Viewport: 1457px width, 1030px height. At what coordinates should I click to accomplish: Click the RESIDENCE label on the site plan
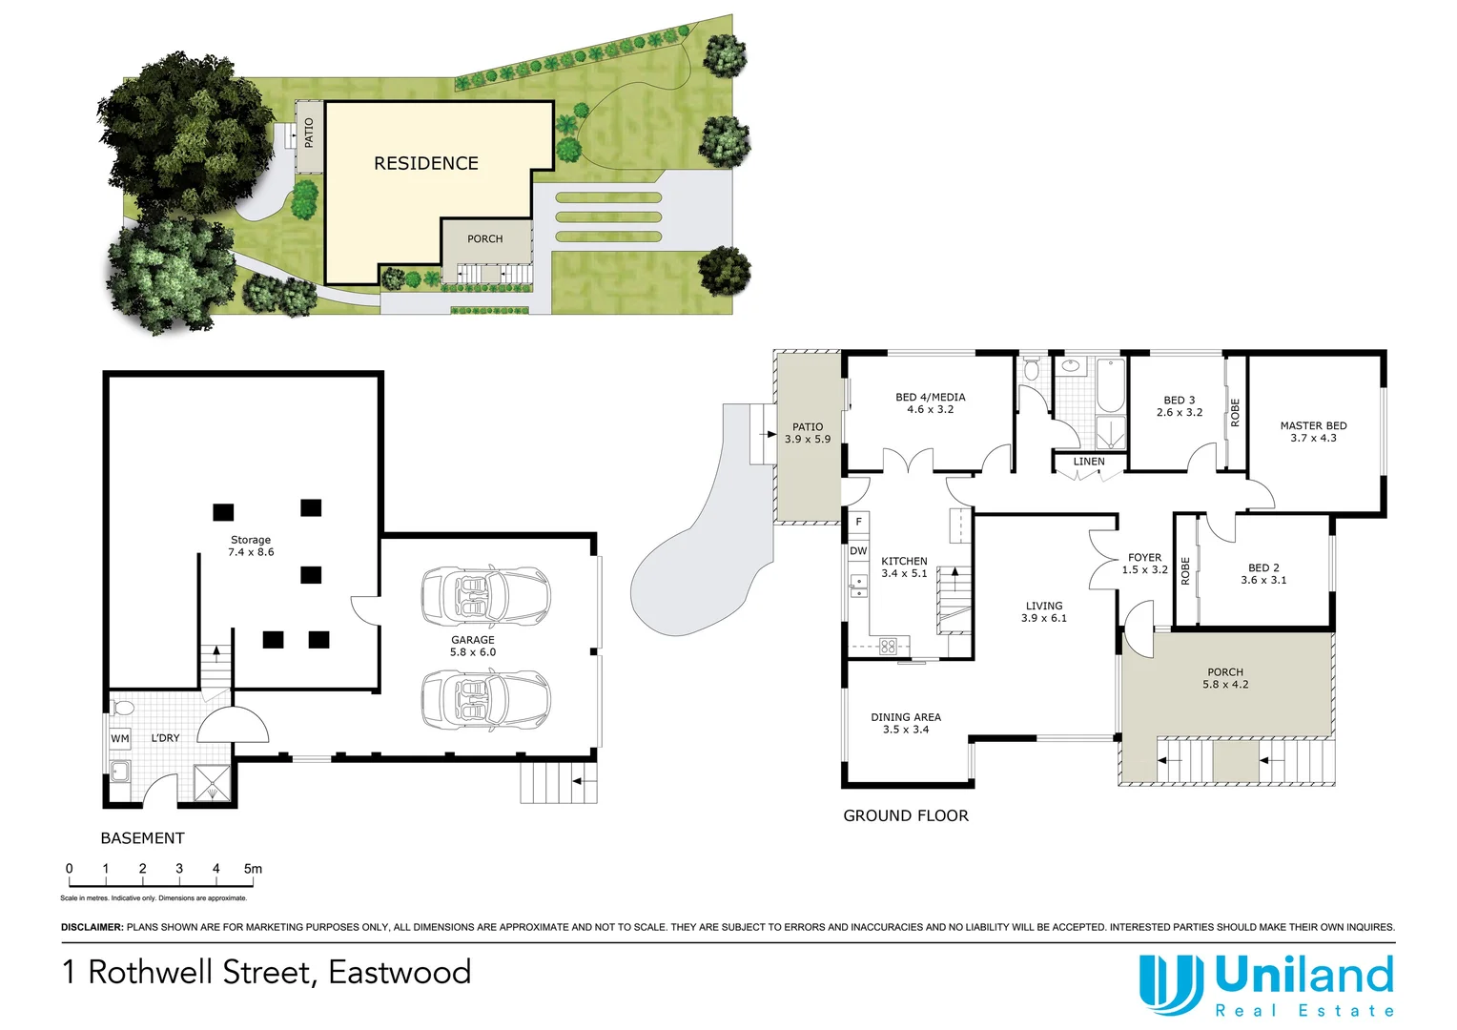tap(426, 163)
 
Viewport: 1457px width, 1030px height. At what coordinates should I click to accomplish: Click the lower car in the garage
tap(486, 700)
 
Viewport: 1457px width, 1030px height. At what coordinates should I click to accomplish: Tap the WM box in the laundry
tap(120, 738)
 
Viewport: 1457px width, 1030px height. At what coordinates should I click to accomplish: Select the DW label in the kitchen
tap(858, 551)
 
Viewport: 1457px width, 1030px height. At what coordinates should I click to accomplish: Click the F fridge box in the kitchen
tap(858, 522)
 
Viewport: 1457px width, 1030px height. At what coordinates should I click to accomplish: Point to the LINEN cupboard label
tap(1089, 462)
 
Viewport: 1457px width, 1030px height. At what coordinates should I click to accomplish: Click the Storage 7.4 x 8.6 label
tap(251, 546)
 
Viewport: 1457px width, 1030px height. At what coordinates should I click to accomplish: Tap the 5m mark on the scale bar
tap(253, 869)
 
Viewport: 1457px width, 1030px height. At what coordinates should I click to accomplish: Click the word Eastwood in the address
tap(400, 972)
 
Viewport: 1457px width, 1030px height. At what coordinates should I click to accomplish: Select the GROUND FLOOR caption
tap(906, 815)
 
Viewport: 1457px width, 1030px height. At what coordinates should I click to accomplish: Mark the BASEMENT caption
tap(142, 838)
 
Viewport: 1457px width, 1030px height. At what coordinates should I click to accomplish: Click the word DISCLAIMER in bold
tap(92, 927)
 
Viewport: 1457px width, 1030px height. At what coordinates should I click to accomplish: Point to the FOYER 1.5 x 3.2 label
tap(1144, 564)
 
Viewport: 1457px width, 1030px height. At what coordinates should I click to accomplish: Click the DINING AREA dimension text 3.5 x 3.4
tap(906, 730)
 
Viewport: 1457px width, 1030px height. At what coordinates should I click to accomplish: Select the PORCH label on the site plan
tap(484, 238)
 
